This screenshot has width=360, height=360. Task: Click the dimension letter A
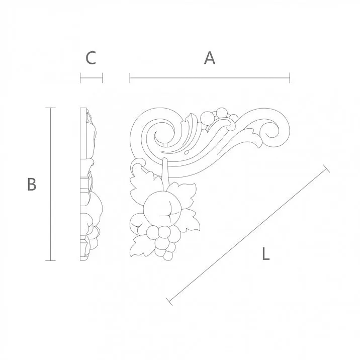(x=210, y=58)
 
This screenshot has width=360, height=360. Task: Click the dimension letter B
(x=32, y=184)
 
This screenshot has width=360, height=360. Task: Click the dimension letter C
(x=91, y=58)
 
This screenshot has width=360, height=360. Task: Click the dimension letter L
(x=266, y=254)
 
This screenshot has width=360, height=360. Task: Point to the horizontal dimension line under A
(x=210, y=78)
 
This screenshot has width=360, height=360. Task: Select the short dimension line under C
(x=91, y=78)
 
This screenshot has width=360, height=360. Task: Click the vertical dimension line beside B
(x=50, y=184)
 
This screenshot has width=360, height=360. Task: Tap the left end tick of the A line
(x=130, y=78)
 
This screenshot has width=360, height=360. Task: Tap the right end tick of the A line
(x=290, y=78)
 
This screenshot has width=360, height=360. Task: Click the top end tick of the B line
(x=50, y=108)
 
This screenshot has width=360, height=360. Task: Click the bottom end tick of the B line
(x=50, y=260)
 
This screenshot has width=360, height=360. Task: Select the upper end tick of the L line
(x=326, y=168)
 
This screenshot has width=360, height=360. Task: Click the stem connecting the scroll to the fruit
(x=165, y=173)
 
